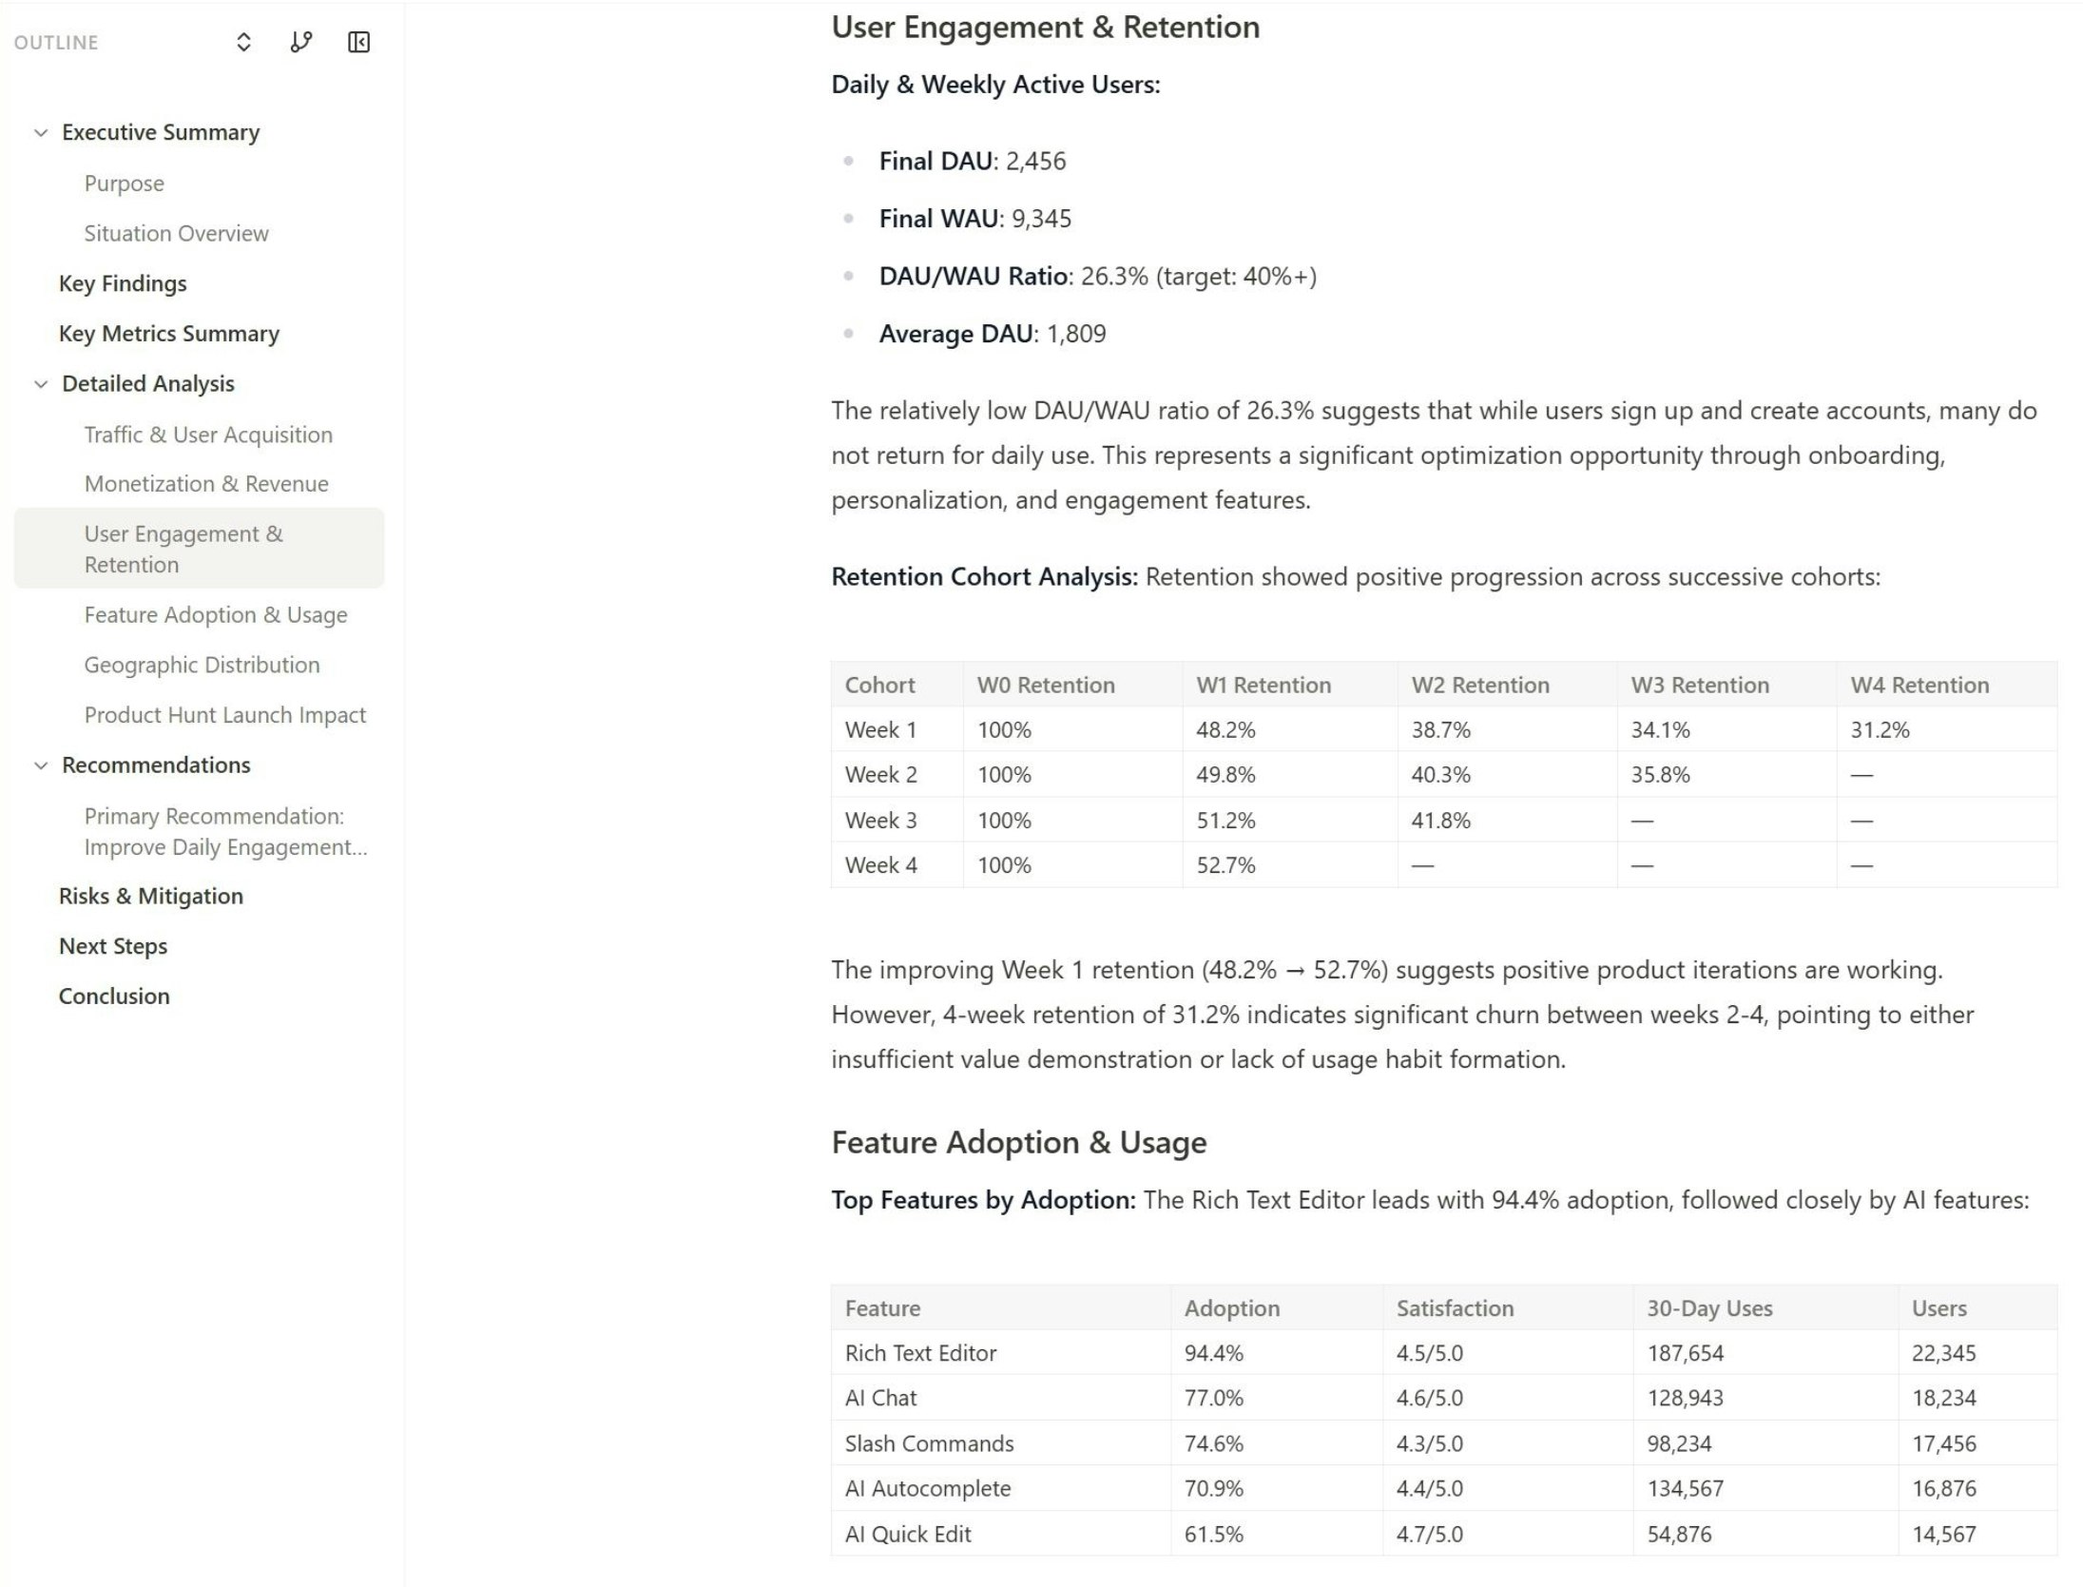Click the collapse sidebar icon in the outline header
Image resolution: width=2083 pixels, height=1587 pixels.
[x=358, y=43]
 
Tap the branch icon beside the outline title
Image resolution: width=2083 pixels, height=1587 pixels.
[x=300, y=43]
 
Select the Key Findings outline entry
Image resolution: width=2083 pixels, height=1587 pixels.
[x=123, y=283]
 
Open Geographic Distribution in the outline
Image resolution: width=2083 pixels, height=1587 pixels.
[x=202, y=665]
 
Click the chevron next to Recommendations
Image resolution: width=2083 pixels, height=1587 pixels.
[x=41, y=765]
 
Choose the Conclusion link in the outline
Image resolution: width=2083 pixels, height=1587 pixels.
[x=114, y=996]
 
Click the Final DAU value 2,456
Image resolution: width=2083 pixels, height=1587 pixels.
[x=1035, y=162]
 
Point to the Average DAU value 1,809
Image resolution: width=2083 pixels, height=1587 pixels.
[x=1076, y=334]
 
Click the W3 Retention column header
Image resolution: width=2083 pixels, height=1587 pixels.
[x=1700, y=685]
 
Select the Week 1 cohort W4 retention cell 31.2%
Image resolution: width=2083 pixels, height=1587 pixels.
[x=1880, y=730]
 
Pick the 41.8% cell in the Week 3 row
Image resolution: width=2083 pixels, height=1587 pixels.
[x=1440, y=821]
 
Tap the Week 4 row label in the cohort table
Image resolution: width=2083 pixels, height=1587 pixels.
[x=880, y=865]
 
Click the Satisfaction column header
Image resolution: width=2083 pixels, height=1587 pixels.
[x=1455, y=1308]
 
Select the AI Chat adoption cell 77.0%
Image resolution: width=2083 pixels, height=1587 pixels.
[x=1213, y=1398]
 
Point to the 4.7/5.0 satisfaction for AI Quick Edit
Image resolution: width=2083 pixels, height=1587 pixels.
[x=1429, y=1534]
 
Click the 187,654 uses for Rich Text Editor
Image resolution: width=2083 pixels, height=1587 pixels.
[x=1685, y=1353]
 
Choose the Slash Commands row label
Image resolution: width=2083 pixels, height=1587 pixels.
[x=929, y=1443]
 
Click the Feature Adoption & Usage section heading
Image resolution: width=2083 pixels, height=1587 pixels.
[x=1018, y=1142]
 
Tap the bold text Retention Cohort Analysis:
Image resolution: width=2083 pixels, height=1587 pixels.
[x=984, y=577]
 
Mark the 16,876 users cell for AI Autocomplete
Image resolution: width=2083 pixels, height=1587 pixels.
[x=1943, y=1488]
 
